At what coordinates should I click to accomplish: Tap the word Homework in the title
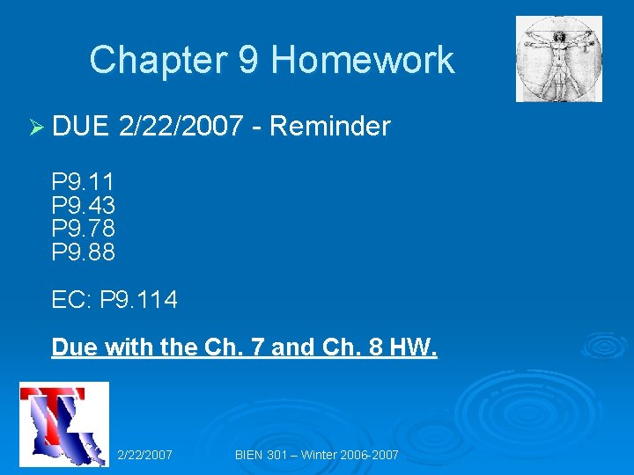pyautogui.click(x=363, y=61)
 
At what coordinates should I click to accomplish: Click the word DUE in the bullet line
pyautogui.click(x=79, y=127)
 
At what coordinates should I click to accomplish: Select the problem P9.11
pyautogui.click(x=83, y=182)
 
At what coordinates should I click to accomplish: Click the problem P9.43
pyautogui.click(x=83, y=206)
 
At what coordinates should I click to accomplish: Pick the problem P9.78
pyautogui.click(x=83, y=229)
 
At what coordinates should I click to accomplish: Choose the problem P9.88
pyautogui.click(x=83, y=252)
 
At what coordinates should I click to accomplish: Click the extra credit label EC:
pyautogui.click(x=71, y=300)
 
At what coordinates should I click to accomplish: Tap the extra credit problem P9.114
pyautogui.click(x=138, y=300)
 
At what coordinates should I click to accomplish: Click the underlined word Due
pyautogui.click(x=75, y=347)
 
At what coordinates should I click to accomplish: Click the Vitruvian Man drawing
pyautogui.click(x=559, y=59)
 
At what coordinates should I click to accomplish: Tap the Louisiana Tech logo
pyautogui.click(x=63, y=424)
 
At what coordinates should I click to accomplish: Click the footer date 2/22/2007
pyautogui.click(x=144, y=455)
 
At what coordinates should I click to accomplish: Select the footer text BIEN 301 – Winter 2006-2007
pyautogui.click(x=317, y=455)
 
